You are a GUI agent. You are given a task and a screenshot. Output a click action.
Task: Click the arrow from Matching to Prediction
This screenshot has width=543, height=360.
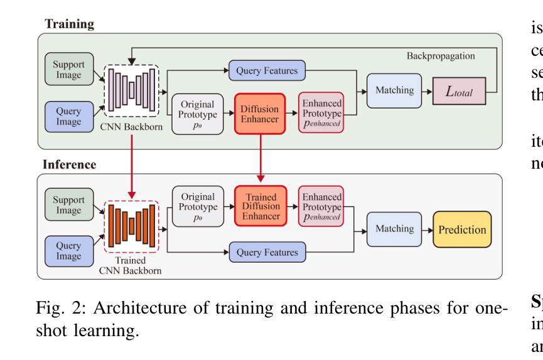click(x=424, y=230)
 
